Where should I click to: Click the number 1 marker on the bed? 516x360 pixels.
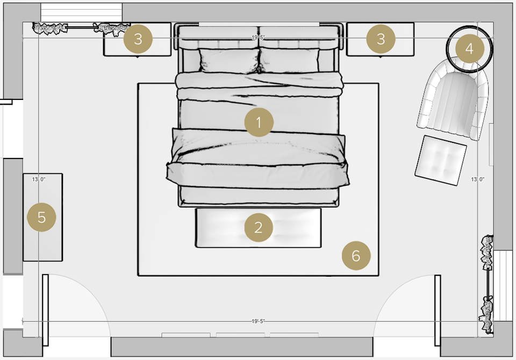pyautogui.click(x=259, y=123)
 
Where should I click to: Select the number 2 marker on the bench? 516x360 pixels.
pyautogui.click(x=259, y=228)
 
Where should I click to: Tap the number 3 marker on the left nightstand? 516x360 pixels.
pyautogui.click(x=138, y=39)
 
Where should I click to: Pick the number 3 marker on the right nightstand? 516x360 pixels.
pyautogui.click(x=381, y=39)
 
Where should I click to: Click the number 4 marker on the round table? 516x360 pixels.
pyautogui.click(x=469, y=49)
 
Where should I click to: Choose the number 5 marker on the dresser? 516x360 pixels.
pyautogui.click(x=42, y=218)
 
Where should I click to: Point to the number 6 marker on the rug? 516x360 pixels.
pyautogui.click(x=356, y=256)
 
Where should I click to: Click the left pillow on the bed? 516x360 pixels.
pyautogui.click(x=226, y=60)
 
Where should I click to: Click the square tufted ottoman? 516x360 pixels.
pyautogui.click(x=441, y=160)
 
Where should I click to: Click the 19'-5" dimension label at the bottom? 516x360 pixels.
pyautogui.click(x=259, y=321)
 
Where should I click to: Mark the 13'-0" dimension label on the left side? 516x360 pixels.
pyautogui.click(x=39, y=179)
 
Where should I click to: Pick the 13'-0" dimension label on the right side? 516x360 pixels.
pyautogui.click(x=478, y=179)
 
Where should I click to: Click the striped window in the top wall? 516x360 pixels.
pyautogui.click(x=82, y=12)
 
